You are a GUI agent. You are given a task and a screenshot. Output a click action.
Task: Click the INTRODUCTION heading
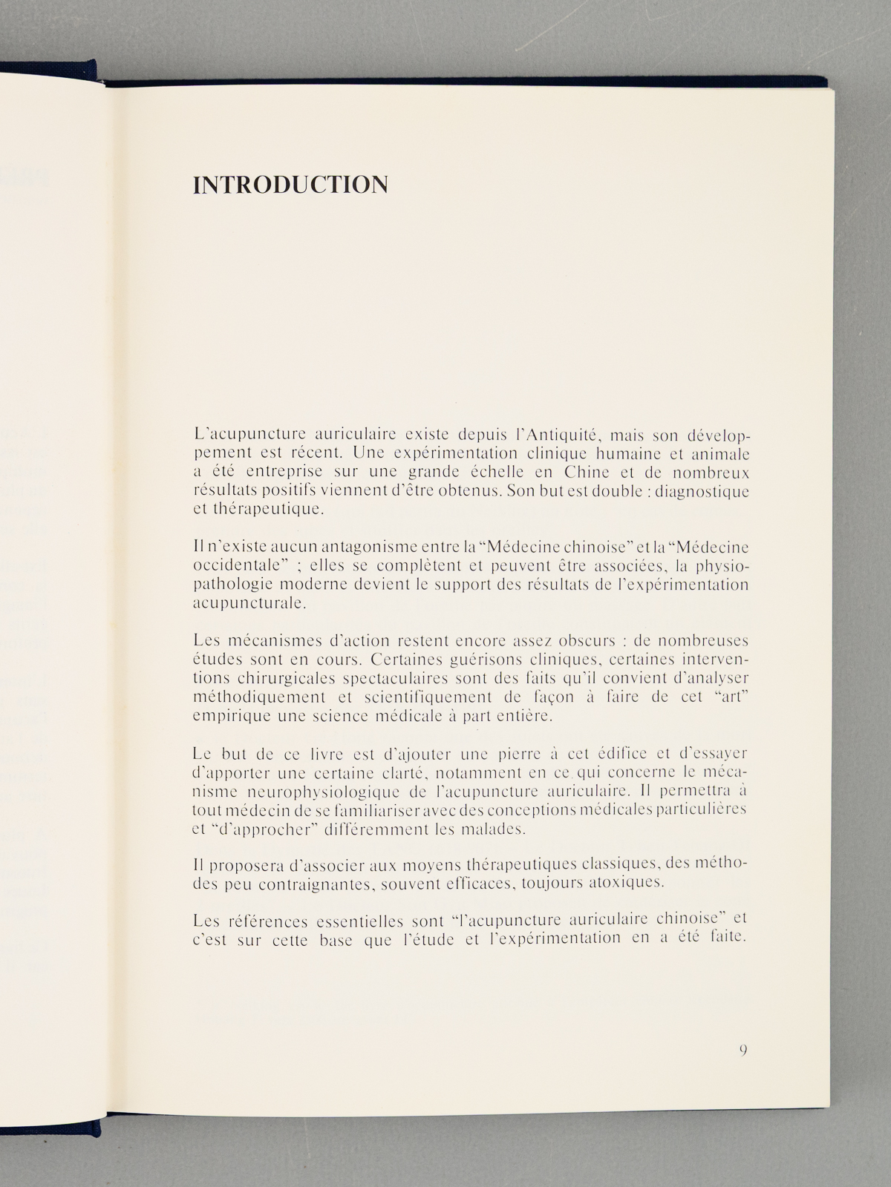pyautogui.click(x=290, y=185)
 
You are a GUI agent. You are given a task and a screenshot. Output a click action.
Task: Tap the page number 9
pyautogui.click(x=743, y=1049)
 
